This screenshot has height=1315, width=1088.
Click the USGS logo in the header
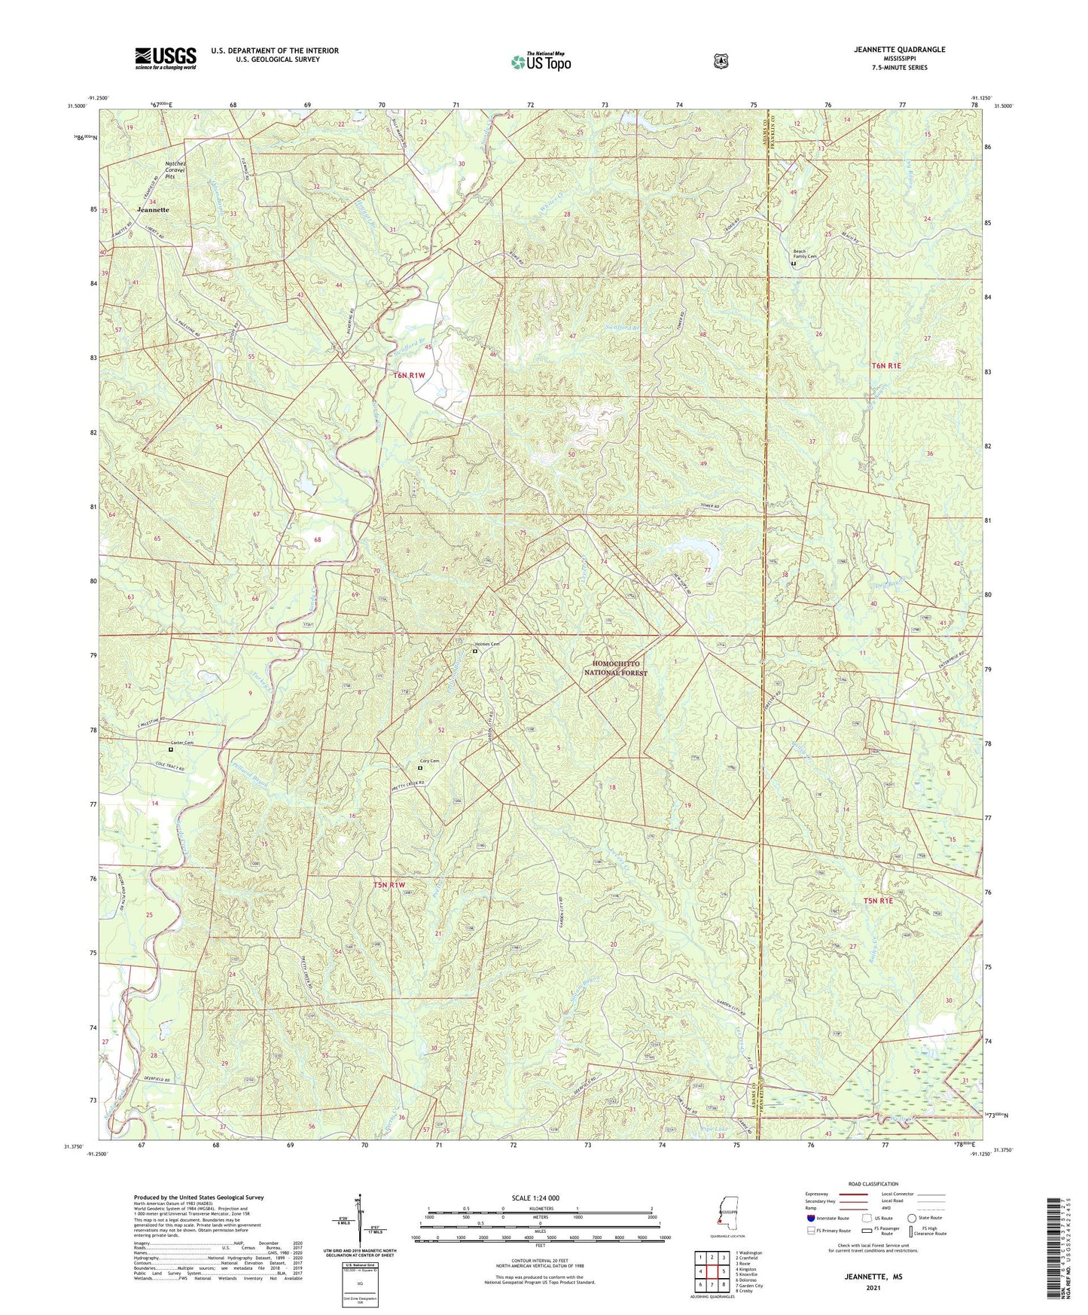166,58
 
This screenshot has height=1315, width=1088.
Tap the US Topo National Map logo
541,61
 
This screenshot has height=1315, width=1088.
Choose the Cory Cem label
429,761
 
